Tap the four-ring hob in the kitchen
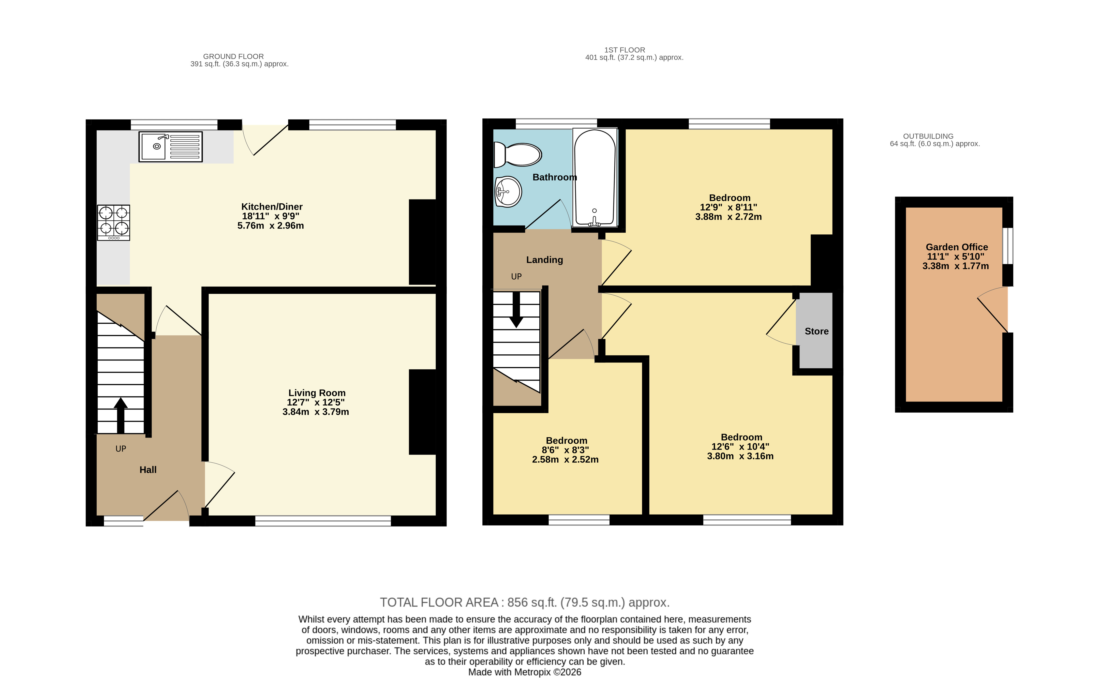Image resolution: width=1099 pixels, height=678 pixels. point(113,222)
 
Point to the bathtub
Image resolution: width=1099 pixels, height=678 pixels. point(595,177)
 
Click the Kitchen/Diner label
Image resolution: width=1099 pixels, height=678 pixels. point(272,207)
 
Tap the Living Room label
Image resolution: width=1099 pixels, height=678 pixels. point(317,393)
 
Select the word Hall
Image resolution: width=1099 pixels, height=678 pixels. point(148,470)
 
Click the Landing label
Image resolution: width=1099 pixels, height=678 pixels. point(544,260)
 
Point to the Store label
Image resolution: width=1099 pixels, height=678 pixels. point(816,331)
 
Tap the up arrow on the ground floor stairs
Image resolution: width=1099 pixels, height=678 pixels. point(121,415)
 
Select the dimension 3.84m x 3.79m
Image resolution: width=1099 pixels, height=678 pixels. point(316,412)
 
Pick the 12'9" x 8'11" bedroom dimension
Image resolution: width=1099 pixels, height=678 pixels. point(729,207)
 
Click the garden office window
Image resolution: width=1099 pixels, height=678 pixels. point(1007,246)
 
